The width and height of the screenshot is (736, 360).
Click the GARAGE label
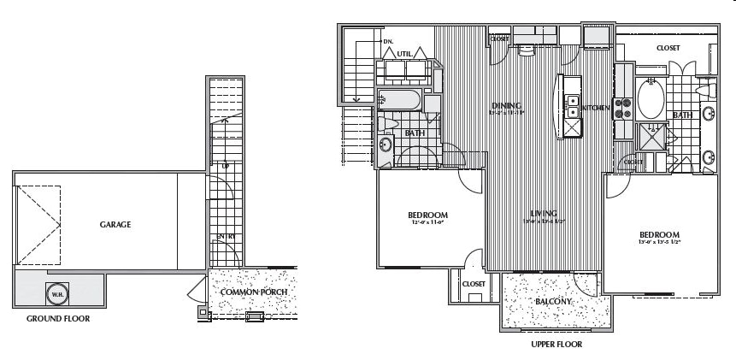click(x=115, y=225)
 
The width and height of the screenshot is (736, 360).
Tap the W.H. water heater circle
click(x=57, y=292)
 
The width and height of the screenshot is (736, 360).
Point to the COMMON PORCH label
click(x=252, y=292)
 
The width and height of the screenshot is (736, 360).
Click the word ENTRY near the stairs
click(x=227, y=236)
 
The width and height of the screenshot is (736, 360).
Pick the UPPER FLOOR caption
click(x=556, y=345)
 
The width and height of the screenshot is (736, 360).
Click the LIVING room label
click(x=543, y=213)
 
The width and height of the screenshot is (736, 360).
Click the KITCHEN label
click(x=599, y=108)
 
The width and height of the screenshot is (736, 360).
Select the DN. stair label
click(x=387, y=40)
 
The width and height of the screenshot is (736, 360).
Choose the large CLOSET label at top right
click(x=668, y=48)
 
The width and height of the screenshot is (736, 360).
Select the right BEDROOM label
click(x=659, y=234)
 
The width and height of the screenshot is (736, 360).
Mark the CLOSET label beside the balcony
click(x=474, y=283)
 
